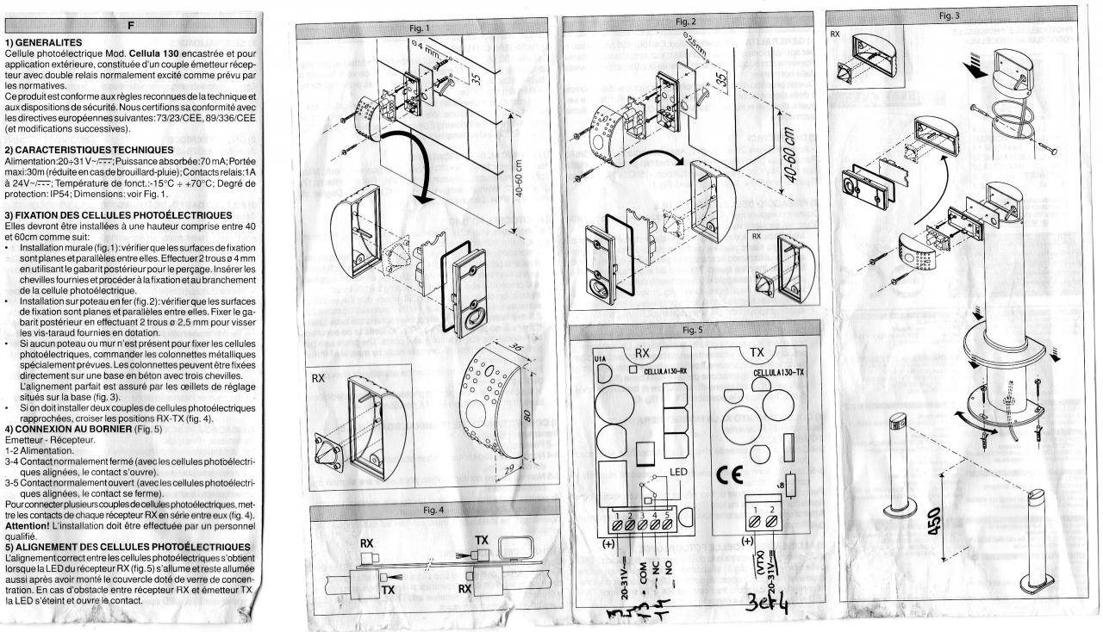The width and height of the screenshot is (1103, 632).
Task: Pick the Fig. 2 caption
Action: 685,20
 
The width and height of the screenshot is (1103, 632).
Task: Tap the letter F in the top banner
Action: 131,25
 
